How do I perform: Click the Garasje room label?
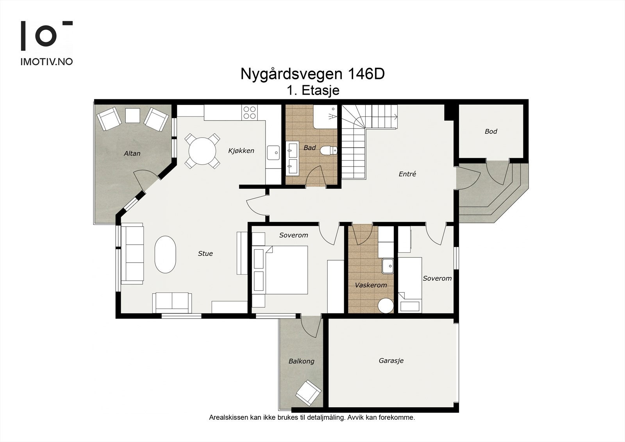click(x=391, y=361)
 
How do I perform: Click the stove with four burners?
click(x=250, y=113)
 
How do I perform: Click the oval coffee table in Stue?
click(x=165, y=254)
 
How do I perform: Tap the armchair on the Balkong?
click(x=308, y=392)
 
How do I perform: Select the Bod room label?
click(x=491, y=131)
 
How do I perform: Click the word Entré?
click(x=407, y=174)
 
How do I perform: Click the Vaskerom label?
click(x=371, y=285)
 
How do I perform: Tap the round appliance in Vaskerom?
click(x=386, y=306)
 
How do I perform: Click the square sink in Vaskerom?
click(x=388, y=266)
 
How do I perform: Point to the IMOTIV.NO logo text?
click(x=46, y=62)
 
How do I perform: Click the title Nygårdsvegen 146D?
click(x=312, y=74)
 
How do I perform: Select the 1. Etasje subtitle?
click(x=312, y=91)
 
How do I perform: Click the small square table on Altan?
click(x=132, y=115)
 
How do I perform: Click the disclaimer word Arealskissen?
click(x=229, y=417)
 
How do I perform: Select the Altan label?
click(x=132, y=154)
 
